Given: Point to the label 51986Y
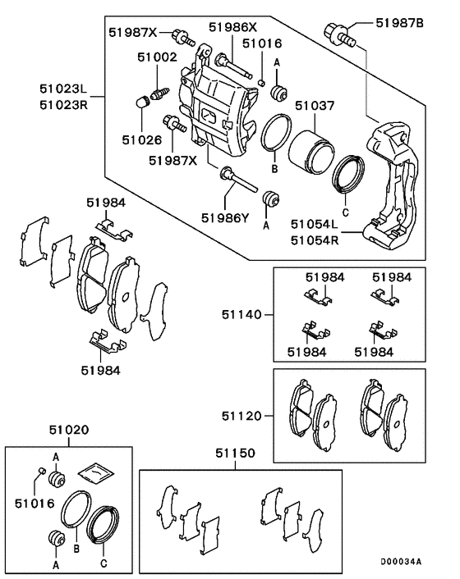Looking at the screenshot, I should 225,218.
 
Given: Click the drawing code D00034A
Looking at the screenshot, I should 400,562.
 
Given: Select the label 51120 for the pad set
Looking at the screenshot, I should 241,417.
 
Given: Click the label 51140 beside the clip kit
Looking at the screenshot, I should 241,313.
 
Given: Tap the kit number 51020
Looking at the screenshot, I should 69,430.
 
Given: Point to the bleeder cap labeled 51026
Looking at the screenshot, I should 140,103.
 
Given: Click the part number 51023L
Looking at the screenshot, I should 62,85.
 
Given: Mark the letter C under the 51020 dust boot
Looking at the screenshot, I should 103,564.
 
